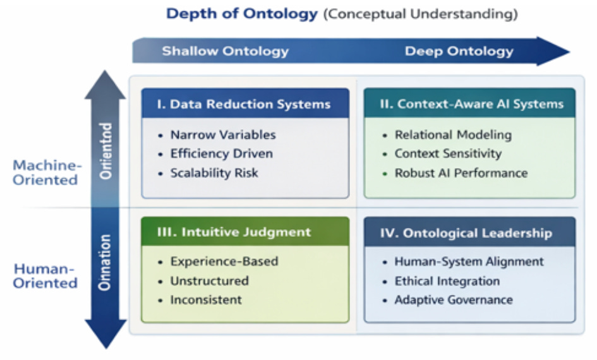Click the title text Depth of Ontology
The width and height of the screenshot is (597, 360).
coord(243,14)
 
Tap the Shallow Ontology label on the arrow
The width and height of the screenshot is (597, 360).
coord(225,51)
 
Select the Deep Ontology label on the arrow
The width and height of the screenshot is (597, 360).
coord(459,51)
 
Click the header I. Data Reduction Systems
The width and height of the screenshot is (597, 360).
coord(244,104)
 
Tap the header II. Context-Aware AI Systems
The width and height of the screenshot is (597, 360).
coord(471,104)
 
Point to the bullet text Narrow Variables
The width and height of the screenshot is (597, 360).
coord(222,135)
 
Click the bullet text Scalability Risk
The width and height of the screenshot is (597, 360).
coord(214,173)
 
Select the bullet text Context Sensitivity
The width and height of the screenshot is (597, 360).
coord(448,153)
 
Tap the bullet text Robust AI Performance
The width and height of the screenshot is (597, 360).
coord(461,173)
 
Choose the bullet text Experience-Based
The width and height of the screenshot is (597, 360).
coord(224,261)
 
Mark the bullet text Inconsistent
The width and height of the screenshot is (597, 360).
coord(206,300)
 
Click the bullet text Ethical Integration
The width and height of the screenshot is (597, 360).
coord(447,281)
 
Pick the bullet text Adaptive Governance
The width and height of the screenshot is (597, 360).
coord(453,300)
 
